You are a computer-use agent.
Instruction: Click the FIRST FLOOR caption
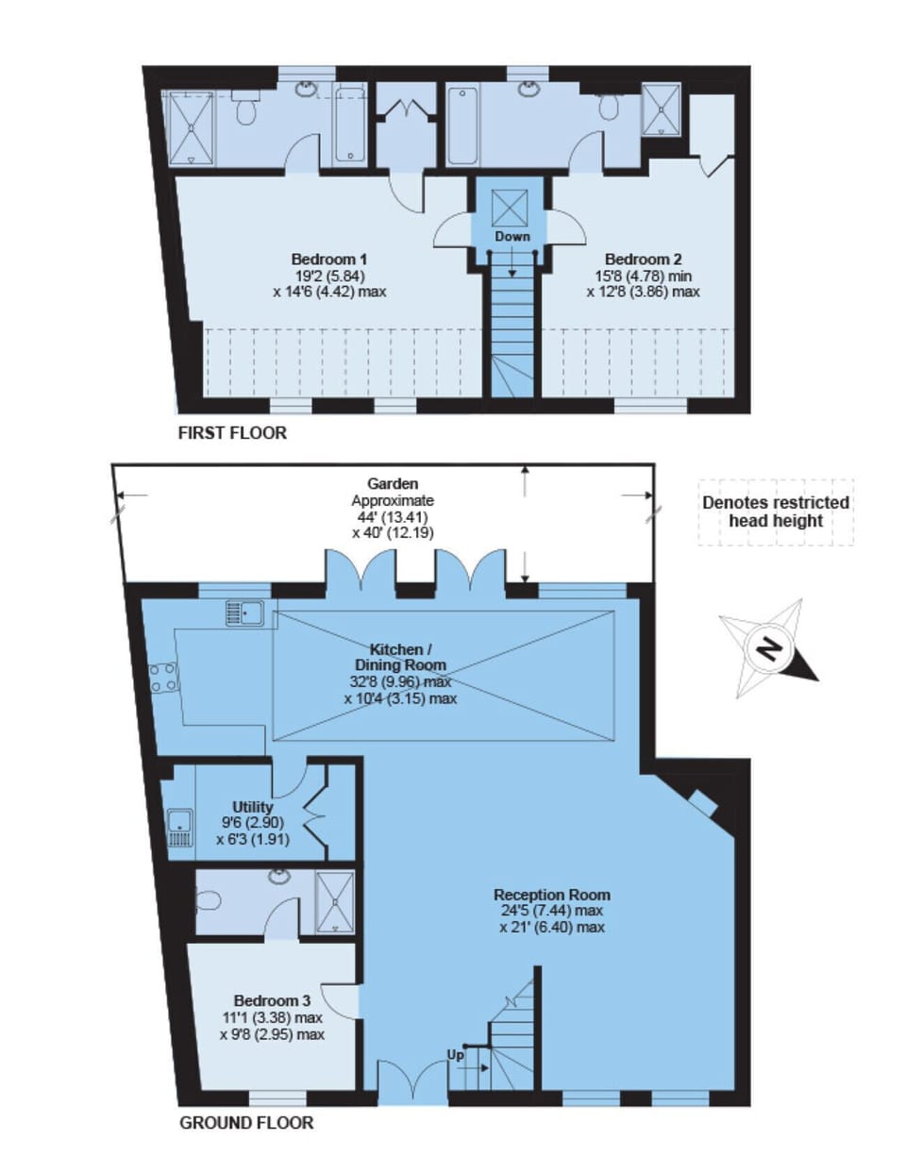(x=232, y=433)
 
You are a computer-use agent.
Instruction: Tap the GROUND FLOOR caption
(x=246, y=1123)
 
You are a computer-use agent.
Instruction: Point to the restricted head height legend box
(x=776, y=512)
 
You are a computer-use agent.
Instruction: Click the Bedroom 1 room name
(x=328, y=260)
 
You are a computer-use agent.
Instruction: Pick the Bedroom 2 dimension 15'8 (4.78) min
(x=643, y=276)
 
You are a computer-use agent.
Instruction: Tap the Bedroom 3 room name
(x=272, y=1000)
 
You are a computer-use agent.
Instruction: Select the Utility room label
(x=252, y=807)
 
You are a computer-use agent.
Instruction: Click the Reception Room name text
(x=551, y=895)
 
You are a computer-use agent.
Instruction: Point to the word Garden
(x=393, y=484)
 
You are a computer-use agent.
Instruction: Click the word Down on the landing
(x=512, y=236)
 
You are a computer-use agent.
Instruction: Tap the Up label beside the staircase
(x=456, y=1055)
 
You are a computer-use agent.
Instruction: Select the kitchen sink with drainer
(x=244, y=613)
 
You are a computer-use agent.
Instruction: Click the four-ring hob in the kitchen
(x=162, y=678)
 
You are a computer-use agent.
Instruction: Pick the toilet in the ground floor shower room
(x=210, y=899)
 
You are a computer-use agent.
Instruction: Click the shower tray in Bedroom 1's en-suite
(x=193, y=128)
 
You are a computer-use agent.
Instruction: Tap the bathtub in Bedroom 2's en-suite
(x=462, y=126)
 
